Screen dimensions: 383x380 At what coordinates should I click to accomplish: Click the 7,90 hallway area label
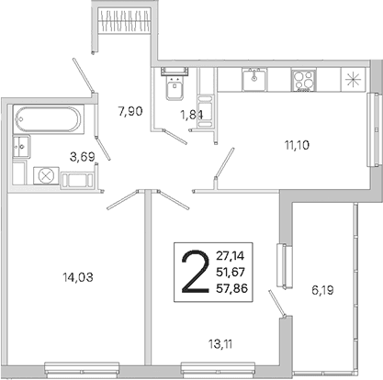[130, 111]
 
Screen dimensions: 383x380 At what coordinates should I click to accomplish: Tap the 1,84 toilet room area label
[192, 115]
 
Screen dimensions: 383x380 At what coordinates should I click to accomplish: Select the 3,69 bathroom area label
[83, 157]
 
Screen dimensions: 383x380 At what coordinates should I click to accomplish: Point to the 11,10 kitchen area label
[297, 145]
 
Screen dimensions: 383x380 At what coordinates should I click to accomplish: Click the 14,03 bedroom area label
[78, 277]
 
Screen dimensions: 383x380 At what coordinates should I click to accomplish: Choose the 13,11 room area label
[220, 344]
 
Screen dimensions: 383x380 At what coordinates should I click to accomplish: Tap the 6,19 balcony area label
[322, 290]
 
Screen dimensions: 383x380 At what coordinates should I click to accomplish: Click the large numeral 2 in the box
[196, 272]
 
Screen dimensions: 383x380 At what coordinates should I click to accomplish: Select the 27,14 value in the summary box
[231, 255]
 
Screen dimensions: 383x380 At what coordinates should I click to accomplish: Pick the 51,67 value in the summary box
[231, 272]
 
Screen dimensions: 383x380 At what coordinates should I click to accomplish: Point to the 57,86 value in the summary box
[232, 288]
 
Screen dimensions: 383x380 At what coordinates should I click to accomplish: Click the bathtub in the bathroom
[48, 119]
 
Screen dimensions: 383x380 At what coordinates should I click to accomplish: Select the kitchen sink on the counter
[254, 80]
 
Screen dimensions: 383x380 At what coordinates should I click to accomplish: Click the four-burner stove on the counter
[303, 80]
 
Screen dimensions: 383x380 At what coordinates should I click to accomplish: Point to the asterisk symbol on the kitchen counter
[353, 80]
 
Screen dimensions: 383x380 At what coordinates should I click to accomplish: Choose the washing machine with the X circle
[46, 175]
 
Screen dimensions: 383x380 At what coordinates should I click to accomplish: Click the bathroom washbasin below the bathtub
[21, 146]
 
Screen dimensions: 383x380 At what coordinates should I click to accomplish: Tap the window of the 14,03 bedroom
[82, 369]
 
